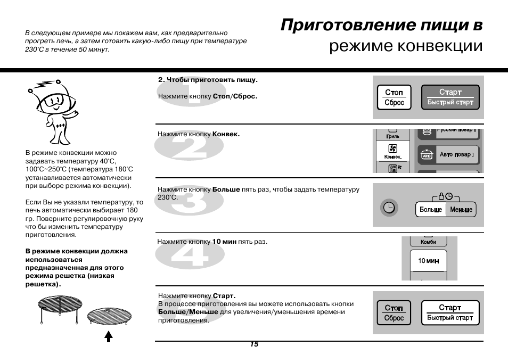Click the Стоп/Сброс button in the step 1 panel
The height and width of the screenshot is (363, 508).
394,97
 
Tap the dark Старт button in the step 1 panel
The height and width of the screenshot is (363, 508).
450,97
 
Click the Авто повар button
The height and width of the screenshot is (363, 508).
448,155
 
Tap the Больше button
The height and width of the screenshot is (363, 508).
430,210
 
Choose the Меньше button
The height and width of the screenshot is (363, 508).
461,210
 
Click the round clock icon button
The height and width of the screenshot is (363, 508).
390,208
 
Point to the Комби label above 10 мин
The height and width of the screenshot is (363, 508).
428,242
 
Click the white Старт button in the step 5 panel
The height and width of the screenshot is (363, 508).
450,312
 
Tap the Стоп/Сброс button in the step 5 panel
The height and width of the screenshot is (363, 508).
394,313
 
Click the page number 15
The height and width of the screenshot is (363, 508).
254,344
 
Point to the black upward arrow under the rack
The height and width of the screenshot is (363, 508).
109,336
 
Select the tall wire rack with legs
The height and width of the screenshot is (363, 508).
61,308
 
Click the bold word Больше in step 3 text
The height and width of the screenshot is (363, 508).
226,189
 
